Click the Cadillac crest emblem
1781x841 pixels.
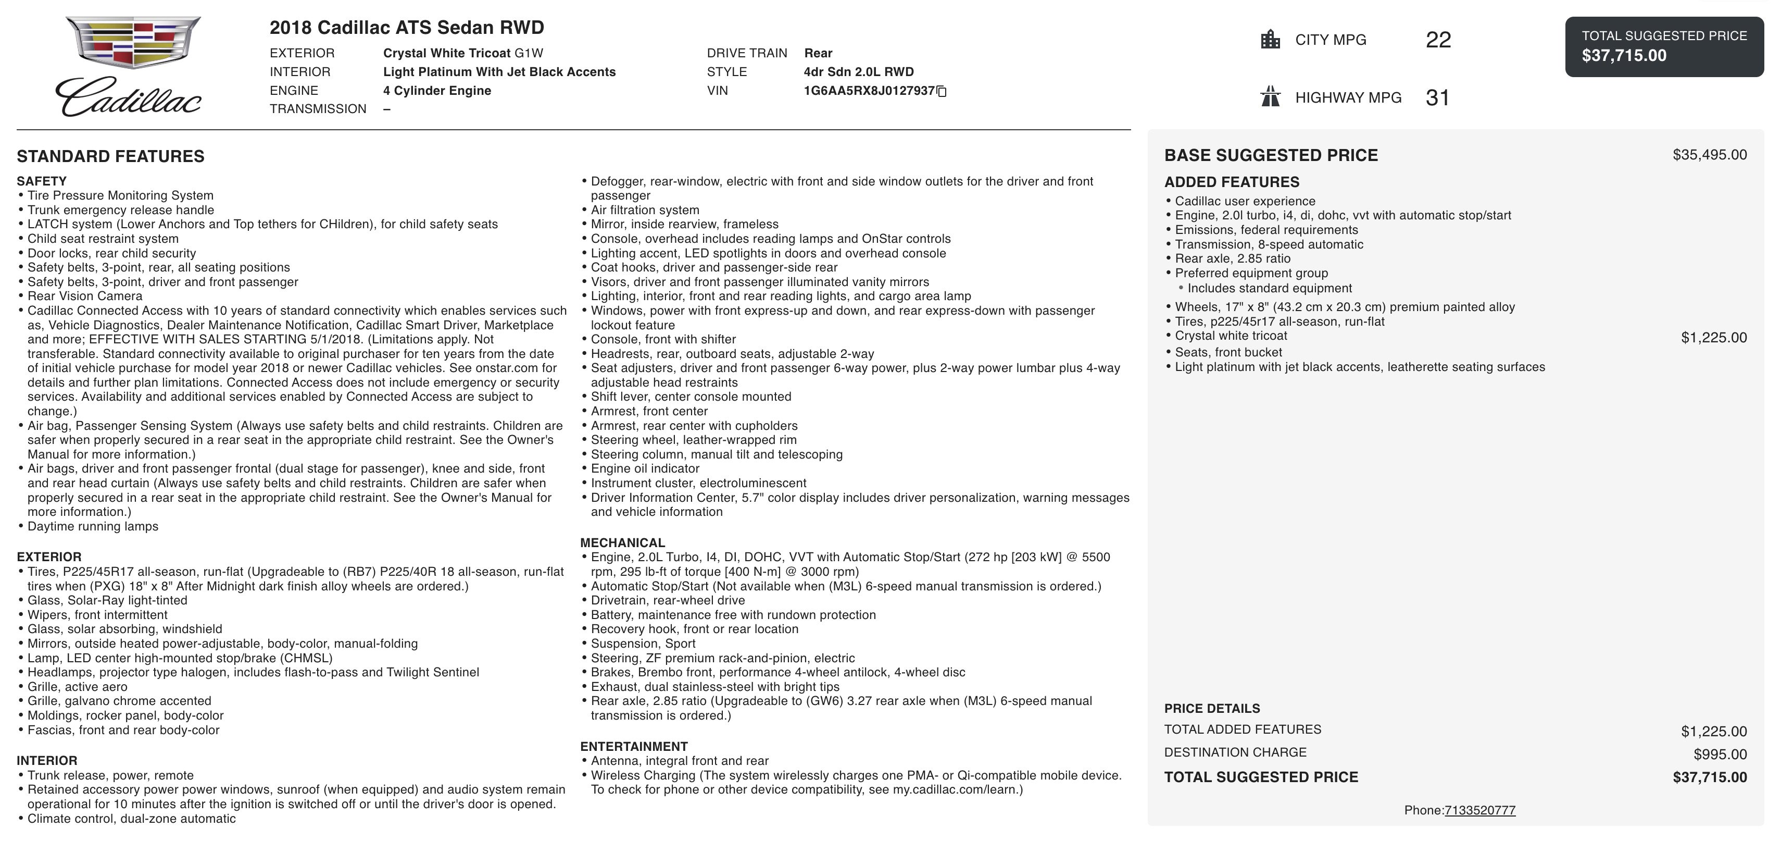pos(133,43)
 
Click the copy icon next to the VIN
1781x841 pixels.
pos(941,91)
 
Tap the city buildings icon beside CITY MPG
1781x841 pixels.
pos(1270,40)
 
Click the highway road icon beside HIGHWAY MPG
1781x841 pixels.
pos(1270,97)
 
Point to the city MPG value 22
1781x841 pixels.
pos(1438,40)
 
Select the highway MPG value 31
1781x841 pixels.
pos(1437,97)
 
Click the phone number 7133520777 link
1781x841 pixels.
pos(1479,810)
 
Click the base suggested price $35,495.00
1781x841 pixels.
pos(1709,155)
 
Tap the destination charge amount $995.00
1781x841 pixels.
pos(1720,754)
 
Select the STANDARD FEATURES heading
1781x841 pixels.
pos(110,156)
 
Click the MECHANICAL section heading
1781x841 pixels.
pos(622,543)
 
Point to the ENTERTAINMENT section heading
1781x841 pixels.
pos(633,746)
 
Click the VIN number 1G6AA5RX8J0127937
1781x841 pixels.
pos(869,91)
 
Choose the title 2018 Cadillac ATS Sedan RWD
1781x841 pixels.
pos(407,28)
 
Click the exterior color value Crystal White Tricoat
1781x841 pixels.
pos(447,53)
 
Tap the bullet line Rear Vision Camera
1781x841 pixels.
pos(85,296)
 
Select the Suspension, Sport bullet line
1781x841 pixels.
pos(643,643)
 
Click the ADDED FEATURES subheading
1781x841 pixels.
pos(1232,182)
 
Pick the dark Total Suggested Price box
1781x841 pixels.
pos(1664,46)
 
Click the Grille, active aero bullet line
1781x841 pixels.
pos(78,687)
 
